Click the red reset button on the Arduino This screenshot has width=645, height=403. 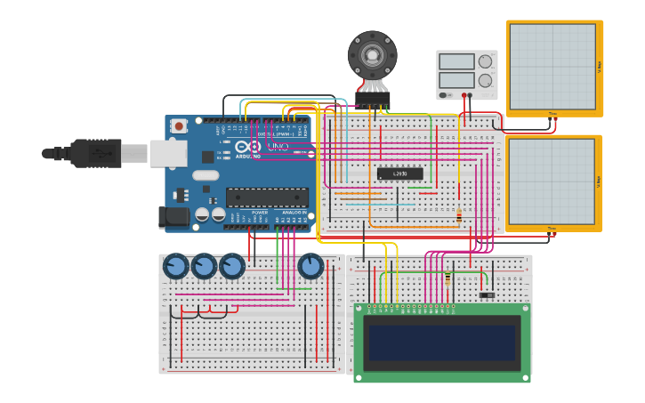click(179, 126)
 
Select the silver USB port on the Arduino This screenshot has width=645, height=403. click(167, 153)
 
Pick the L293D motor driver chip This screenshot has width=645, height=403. click(399, 173)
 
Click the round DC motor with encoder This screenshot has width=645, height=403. click(372, 55)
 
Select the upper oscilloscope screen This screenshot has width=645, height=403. click(552, 67)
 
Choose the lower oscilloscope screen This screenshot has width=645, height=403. click(552, 181)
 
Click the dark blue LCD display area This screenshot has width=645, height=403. click(442, 343)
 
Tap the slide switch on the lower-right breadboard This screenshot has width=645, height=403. click(487, 294)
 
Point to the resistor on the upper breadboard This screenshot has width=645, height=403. click(458, 214)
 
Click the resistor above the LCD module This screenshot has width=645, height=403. click(447, 277)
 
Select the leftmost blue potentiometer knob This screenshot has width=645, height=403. click(175, 265)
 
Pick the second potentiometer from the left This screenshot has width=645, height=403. click(204, 265)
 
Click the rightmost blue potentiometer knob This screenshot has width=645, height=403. click(310, 265)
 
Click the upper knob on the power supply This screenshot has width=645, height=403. click(485, 61)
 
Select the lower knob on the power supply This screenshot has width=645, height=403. click(485, 80)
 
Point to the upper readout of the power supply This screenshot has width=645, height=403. click(456, 61)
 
